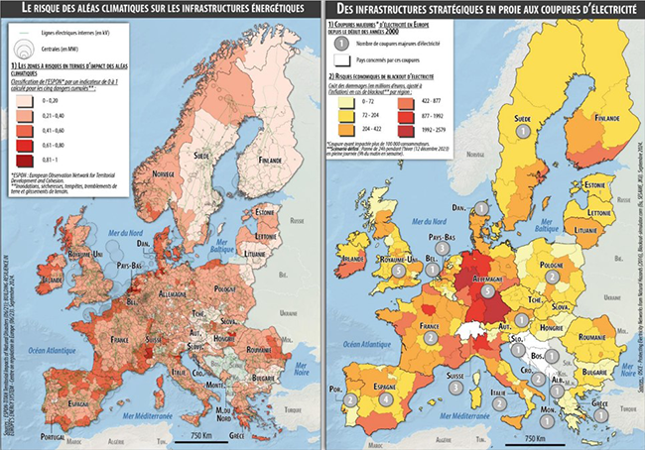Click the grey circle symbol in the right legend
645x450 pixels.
tap(341, 44)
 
